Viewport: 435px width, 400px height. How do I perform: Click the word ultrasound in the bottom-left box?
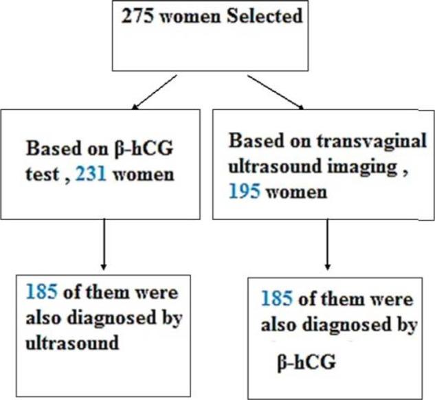tap(67, 342)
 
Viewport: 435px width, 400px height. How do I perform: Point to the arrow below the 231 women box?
tap(103, 245)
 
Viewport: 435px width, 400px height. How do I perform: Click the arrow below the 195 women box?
tap(327, 245)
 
